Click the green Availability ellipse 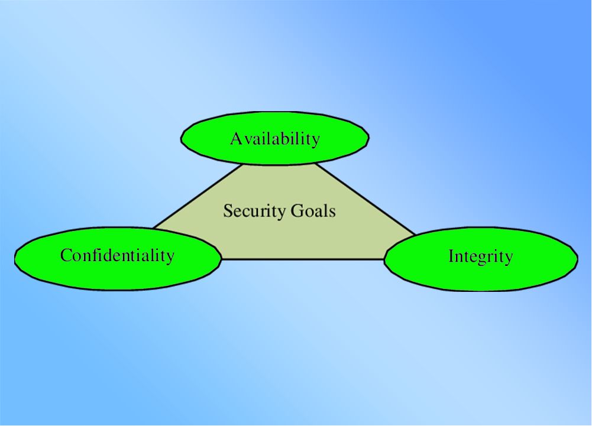(x=275, y=138)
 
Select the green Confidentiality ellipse (x=118, y=258)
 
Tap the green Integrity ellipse (x=481, y=259)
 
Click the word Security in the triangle (x=254, y=212)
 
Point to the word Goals (x=313, y=210)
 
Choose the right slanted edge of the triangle (x=365, y=199)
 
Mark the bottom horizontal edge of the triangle (x=302, y=259)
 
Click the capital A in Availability (x=236, y=138)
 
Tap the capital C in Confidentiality (x=66, y=255)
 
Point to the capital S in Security (x=227, y=210)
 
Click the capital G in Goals (x=297, y=210)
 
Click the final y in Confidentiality (x=170, y=258)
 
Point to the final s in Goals (x=332, y=213)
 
